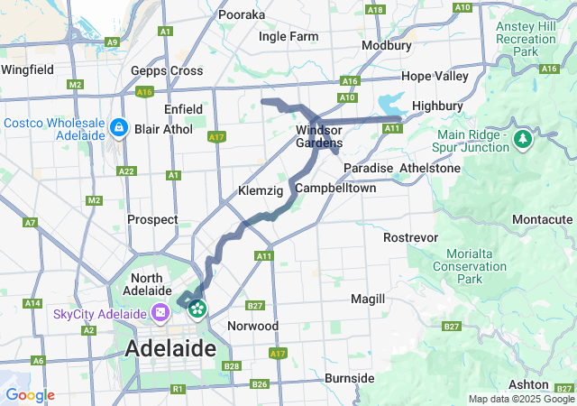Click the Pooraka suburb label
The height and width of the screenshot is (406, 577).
[241, 14]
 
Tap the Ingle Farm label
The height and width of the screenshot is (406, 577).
[288, 37]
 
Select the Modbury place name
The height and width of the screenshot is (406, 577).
[386, 45]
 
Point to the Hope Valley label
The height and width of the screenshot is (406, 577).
[435, 76]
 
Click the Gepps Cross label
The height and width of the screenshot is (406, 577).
[166, 70]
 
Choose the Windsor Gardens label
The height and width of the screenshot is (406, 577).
[319, 137]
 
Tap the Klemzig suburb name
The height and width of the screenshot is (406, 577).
[261, 191]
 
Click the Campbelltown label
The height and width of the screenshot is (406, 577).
[335, 189]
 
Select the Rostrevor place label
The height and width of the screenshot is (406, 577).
[409, 237]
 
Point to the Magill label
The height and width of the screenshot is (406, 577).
[368, 299]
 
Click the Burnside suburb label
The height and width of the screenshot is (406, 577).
[349, 377]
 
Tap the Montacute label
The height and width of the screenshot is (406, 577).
[542, 219]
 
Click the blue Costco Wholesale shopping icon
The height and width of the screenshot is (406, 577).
[118, 129]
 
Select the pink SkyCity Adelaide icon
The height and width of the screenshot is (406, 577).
[160, 313]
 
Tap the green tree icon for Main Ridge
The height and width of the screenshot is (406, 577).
[522, 139]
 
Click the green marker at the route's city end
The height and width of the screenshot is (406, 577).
[197, 309]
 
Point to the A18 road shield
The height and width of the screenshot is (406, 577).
[376, 10]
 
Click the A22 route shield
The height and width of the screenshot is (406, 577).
[126, 171]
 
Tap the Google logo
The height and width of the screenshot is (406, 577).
[30, 395]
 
